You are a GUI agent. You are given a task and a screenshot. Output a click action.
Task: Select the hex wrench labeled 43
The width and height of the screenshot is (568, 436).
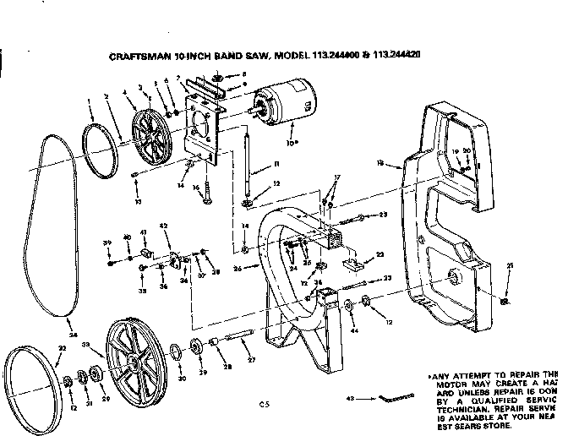398,395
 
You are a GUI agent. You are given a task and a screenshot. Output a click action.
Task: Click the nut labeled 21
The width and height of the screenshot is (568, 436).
504,300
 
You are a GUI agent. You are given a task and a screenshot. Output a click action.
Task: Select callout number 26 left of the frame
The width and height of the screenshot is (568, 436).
236,269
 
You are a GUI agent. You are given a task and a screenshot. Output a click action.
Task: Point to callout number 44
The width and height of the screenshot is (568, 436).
354,331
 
